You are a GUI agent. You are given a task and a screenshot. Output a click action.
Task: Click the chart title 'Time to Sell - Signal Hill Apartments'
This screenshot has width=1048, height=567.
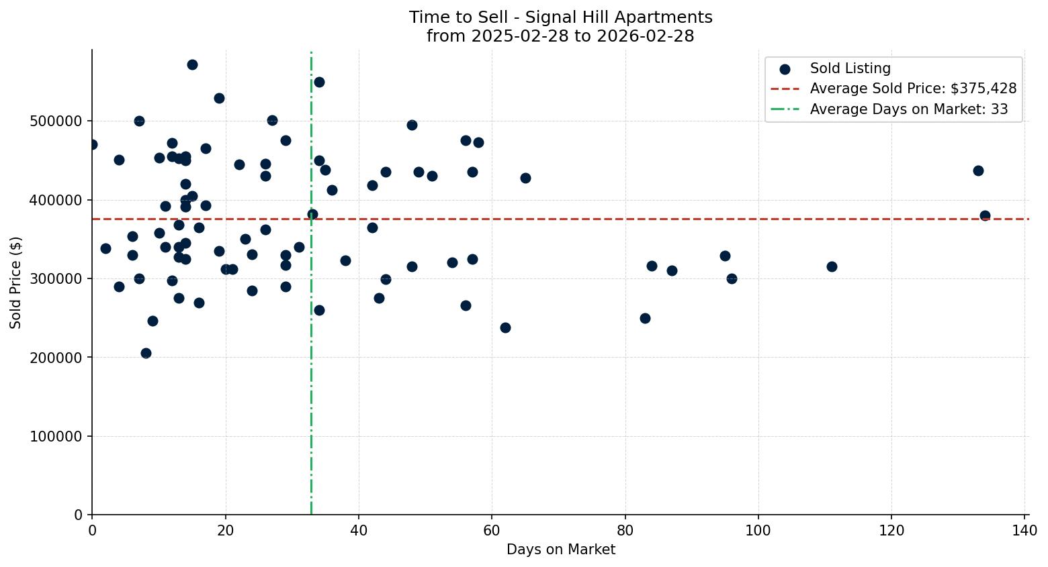(560, 17)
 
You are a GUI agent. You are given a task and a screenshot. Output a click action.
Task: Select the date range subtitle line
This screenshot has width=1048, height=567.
(560, 36)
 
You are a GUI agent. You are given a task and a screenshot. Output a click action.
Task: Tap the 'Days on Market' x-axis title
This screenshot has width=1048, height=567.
(560, 550)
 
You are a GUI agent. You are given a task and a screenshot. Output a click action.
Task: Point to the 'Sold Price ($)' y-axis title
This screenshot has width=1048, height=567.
(16, 282)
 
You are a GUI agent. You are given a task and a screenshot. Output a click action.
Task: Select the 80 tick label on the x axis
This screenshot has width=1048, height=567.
(625, 530)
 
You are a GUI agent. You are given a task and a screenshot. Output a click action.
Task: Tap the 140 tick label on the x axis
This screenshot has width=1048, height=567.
(1024, 530)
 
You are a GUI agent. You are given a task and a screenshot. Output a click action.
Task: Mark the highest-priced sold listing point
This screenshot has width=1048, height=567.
(192, 64)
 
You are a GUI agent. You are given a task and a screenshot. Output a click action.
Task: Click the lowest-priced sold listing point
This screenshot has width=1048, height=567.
(146, 353)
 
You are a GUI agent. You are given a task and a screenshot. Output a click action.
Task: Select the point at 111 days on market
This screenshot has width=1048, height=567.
(832, 266)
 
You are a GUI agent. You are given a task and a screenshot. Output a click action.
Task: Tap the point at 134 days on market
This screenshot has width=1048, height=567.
(985, 215)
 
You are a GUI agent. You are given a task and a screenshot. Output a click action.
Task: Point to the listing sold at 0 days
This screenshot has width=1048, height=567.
(92, 144)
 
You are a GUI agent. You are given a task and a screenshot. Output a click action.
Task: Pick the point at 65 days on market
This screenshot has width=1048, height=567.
(525, 178)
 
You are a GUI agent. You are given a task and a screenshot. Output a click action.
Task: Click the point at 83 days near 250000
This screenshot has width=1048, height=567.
(645, 318)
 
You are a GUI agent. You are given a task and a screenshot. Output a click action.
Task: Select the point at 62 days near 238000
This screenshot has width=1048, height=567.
(505, 327)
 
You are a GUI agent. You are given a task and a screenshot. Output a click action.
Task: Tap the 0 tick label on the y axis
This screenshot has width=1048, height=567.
(78, 515)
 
